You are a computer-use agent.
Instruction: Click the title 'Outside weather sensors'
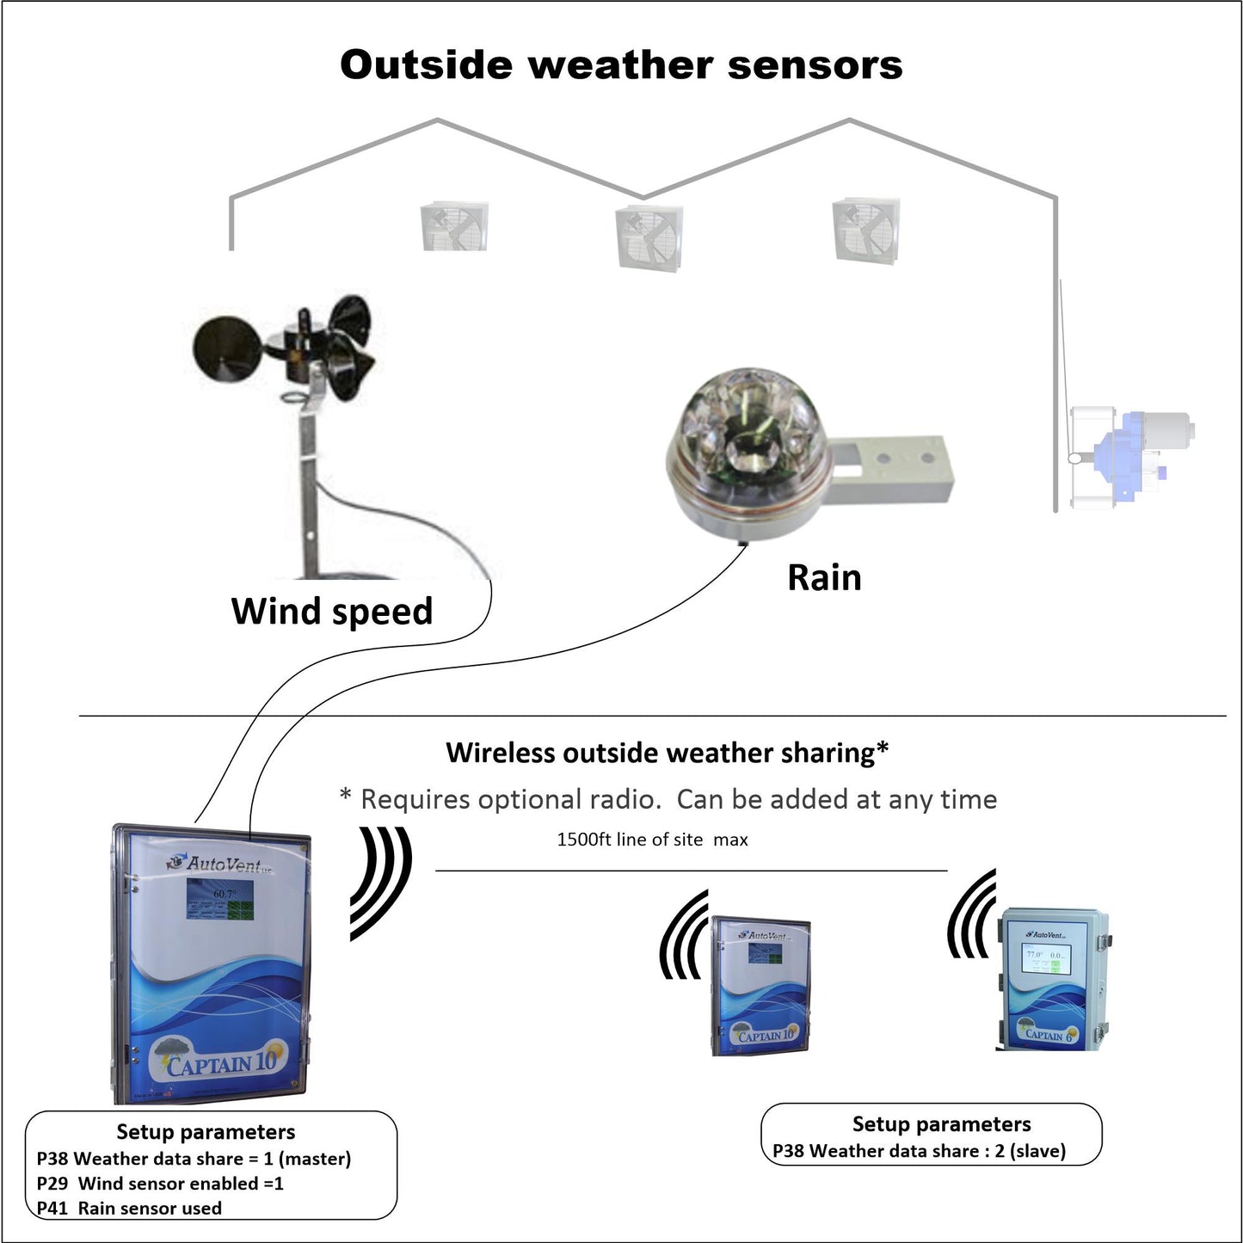(621, 65)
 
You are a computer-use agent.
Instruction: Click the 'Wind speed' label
(332, 612)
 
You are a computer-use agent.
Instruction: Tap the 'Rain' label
(824, 578)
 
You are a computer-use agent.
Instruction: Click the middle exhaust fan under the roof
(649, 236)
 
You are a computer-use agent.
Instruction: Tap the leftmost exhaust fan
(454, 226)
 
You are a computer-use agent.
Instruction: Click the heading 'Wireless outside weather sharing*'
(667, 754)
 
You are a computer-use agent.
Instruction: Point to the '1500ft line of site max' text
(652, 840)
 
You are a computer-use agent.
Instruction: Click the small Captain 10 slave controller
(761, 986)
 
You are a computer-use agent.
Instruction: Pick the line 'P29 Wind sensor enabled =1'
(160, 1184)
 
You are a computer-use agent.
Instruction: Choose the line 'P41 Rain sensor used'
(129, 1209)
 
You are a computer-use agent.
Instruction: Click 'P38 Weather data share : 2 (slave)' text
(919, 1151)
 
